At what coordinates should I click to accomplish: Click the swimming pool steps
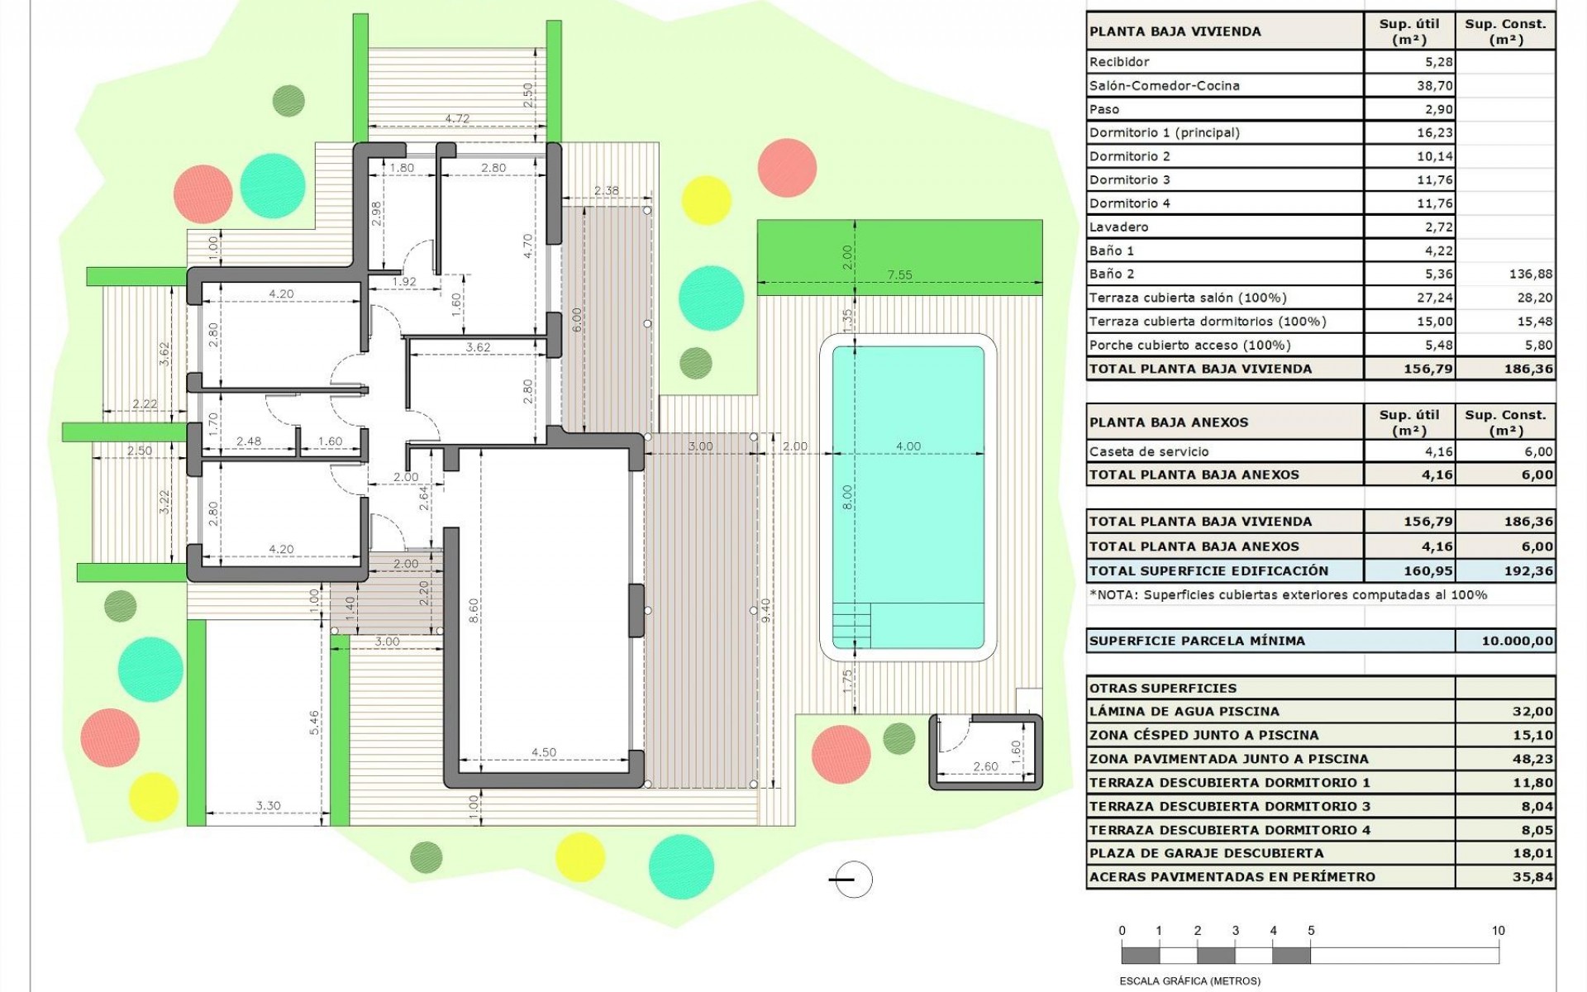point(851,626)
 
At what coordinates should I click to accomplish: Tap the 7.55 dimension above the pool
point(899,275)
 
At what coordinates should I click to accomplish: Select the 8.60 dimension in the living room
point(474,611)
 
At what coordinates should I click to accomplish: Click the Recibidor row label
point(1119,62)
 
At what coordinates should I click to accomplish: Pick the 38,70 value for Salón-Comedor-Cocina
point(1434,86)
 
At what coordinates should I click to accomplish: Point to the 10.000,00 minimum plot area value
point(1517,641)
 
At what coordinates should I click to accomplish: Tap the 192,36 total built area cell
point(1528,571)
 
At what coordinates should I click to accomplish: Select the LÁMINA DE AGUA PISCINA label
point(1184,712)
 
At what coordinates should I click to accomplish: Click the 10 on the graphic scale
point(1498,931)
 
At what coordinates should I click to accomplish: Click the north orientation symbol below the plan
point(851,880)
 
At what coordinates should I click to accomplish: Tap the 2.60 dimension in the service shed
point(985,767)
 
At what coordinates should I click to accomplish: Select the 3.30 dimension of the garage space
point(268,805)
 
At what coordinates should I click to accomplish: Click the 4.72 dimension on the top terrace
point(457,119)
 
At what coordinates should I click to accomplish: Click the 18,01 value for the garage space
point(1532,853)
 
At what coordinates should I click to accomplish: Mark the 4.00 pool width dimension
point(908,446)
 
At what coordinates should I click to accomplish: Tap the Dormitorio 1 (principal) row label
point(1164,133)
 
